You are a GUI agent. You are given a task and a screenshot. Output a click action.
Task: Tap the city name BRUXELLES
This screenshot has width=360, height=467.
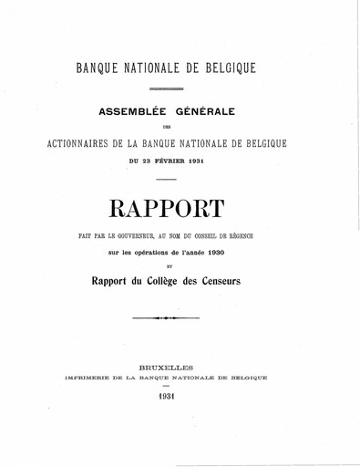click(180, 362)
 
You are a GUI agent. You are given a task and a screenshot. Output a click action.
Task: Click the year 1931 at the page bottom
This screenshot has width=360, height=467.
click(180, 400)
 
